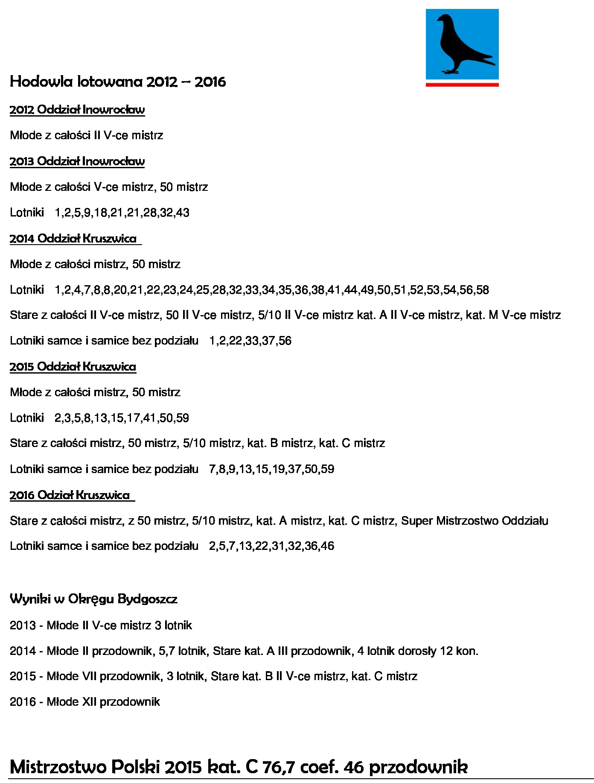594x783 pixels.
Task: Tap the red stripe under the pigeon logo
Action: click(462, 85)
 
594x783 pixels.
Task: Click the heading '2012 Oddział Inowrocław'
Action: click(77, 110)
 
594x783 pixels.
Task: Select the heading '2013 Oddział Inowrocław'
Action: click(77, 161)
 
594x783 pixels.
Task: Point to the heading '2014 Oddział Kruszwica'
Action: click(73, 238)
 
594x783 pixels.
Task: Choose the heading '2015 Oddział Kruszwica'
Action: click(73, 367)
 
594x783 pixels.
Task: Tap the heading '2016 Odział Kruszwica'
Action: click(70, 495)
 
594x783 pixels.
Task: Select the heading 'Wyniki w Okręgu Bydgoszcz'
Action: click(93, 599)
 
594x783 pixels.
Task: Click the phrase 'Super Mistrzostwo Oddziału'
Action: click(475, 521)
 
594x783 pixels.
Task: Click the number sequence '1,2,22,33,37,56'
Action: click(250, 341)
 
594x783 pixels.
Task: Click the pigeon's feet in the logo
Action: click(450, 71)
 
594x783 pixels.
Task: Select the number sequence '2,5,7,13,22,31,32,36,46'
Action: click(271, 546)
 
